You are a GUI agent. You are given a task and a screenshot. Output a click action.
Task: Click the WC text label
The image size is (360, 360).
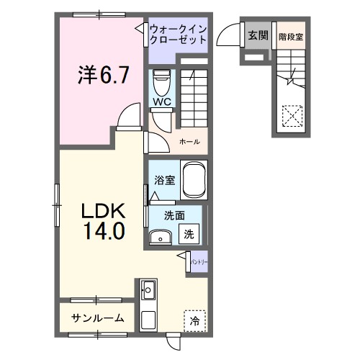tap(160, 102)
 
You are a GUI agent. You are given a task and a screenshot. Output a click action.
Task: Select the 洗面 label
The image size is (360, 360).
tap(174, 215)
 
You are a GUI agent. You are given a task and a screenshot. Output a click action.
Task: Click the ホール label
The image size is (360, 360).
tap(189, 141)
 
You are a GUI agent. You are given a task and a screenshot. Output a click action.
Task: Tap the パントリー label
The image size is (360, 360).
tap(199, 264)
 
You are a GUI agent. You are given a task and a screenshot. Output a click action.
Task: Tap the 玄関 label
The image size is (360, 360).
tap(257, 34)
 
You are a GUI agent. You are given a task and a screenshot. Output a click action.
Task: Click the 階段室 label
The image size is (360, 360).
tap(291, 34)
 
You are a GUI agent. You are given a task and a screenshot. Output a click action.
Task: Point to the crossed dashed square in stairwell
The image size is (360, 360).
tap(292, 116)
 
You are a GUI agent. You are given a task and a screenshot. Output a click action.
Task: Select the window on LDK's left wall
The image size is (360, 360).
tap(56, 197)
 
